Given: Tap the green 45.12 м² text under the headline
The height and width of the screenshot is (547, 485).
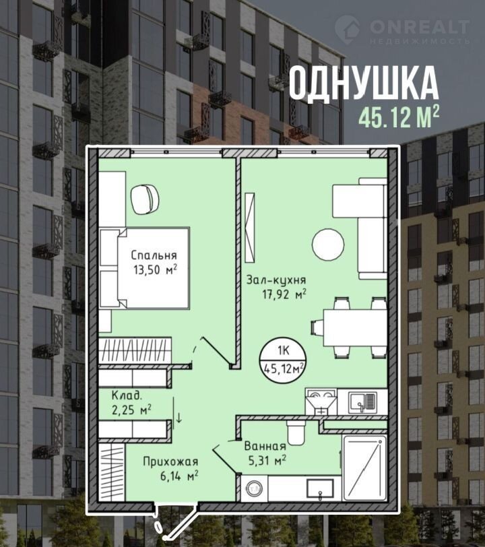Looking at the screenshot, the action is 399,118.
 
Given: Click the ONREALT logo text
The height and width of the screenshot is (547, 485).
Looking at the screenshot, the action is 420,27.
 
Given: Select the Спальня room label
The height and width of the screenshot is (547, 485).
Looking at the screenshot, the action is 154,256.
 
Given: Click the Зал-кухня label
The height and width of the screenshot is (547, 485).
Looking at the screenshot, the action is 276,280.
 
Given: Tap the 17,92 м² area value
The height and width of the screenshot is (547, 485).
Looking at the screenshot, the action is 284,294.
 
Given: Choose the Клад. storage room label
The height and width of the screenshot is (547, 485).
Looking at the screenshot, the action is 127,395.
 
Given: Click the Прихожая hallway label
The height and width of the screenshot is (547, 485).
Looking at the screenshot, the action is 170,462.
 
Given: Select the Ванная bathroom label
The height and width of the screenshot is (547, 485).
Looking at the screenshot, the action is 265,446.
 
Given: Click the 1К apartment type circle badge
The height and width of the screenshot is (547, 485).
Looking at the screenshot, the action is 283,359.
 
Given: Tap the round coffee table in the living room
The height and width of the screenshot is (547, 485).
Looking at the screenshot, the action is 328,245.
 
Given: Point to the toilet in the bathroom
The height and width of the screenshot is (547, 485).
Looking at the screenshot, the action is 296,431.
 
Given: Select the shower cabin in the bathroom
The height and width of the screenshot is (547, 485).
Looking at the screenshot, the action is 364,468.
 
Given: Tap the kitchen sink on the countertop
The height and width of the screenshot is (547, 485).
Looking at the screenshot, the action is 362,401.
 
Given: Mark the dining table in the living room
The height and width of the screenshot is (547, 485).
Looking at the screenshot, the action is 355,327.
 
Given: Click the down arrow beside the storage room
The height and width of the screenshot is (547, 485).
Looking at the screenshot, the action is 179,418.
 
